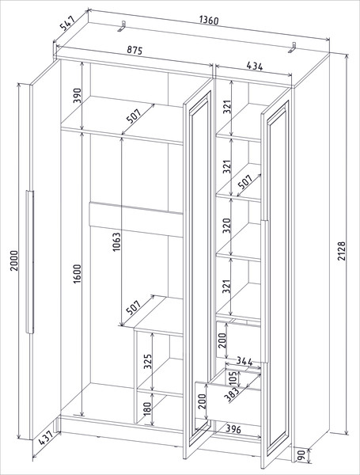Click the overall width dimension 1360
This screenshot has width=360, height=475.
coord(209,21)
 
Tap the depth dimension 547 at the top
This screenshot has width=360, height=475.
coord(67,24)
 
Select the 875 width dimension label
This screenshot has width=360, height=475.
coord(135,50)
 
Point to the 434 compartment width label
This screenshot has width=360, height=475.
coord(255,66)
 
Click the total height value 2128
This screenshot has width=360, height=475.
coord(341,251)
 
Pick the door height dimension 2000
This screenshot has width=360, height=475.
coord(14,260)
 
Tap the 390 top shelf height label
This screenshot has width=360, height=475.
coord(78,95)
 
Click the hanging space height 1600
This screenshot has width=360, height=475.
coord(78,274)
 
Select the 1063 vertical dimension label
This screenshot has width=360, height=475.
coord(116,241)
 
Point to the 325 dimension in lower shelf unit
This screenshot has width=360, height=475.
coord(147,361)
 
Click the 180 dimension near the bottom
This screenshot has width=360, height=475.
coord(146,409)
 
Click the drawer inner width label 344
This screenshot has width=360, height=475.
coord(244,362)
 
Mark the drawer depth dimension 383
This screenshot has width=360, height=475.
coord(233,393)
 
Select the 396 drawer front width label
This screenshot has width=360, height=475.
coord(233,429)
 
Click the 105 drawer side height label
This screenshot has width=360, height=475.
coord(233,378)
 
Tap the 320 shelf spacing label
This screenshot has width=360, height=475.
coord(227,225)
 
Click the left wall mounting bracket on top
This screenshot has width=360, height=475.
coord(123,26)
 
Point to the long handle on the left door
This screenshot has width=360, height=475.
coord(30,262)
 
